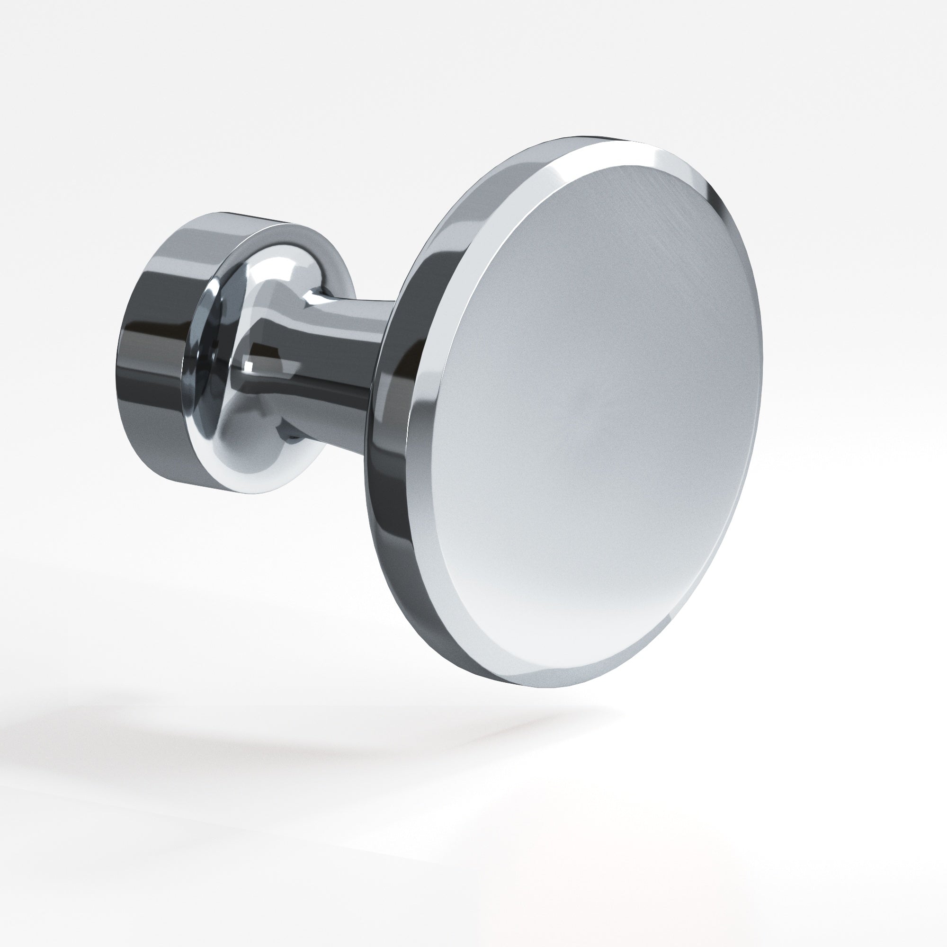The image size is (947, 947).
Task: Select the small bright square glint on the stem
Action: tap(249, 364)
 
